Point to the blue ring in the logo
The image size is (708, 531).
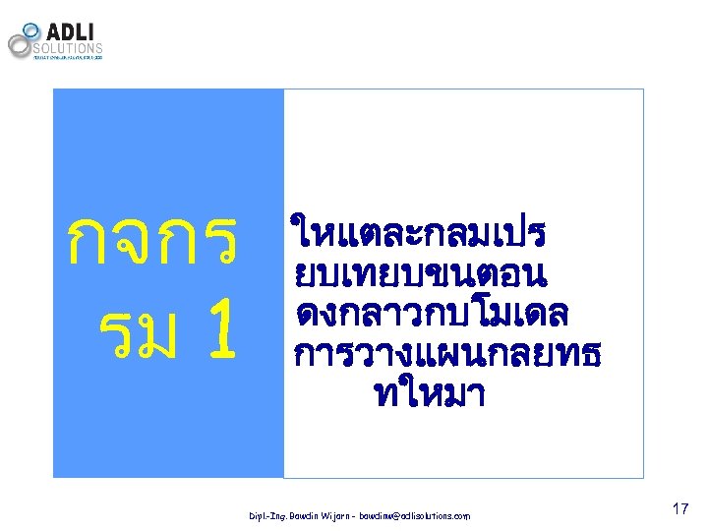31,30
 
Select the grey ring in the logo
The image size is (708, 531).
20,44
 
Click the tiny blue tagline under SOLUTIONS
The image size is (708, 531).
68,57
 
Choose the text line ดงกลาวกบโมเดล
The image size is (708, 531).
431,313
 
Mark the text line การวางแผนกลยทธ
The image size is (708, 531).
447,352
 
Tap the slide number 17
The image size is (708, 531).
679,509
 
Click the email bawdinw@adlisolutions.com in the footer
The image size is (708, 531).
414,515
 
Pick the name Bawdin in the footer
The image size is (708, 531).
309,515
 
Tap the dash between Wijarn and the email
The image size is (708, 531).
360,515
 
